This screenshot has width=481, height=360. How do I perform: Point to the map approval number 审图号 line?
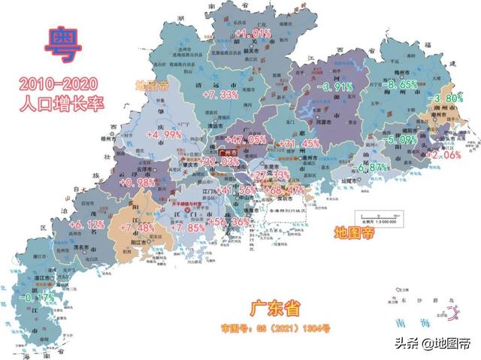(x=275, y=329)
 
